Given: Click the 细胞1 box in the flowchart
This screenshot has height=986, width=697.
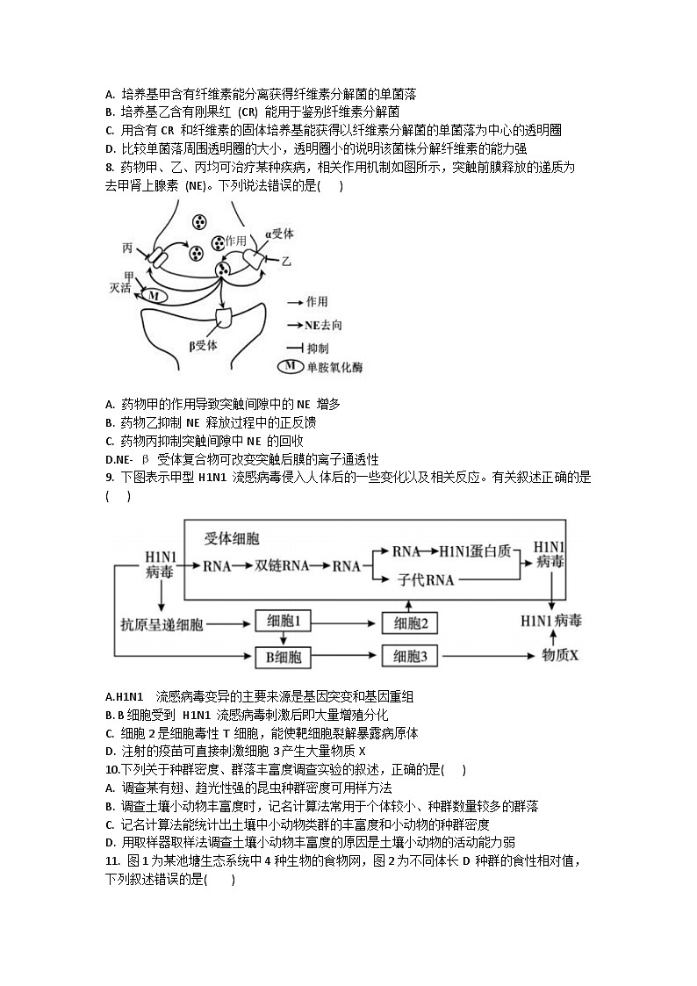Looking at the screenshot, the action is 283,622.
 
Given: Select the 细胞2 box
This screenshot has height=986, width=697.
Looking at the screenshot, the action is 410,623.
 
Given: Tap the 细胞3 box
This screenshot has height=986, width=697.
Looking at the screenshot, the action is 410,655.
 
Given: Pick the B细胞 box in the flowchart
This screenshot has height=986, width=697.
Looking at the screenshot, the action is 283,655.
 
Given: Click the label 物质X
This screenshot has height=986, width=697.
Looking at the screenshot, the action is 561,655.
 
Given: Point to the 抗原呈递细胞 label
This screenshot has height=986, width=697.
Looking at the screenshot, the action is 162,624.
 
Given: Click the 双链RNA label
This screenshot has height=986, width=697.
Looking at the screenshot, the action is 284,565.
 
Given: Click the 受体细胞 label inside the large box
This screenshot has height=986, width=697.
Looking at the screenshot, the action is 232,537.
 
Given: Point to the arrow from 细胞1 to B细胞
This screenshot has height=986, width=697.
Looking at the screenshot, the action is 283,639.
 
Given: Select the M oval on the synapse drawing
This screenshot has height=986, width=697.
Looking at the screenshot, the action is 154,297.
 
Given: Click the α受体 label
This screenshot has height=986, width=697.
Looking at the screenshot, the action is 279,234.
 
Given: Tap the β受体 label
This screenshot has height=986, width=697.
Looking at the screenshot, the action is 203,345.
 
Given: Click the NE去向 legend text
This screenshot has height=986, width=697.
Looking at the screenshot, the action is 324,325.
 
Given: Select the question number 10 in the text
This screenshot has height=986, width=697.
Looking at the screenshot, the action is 111,770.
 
